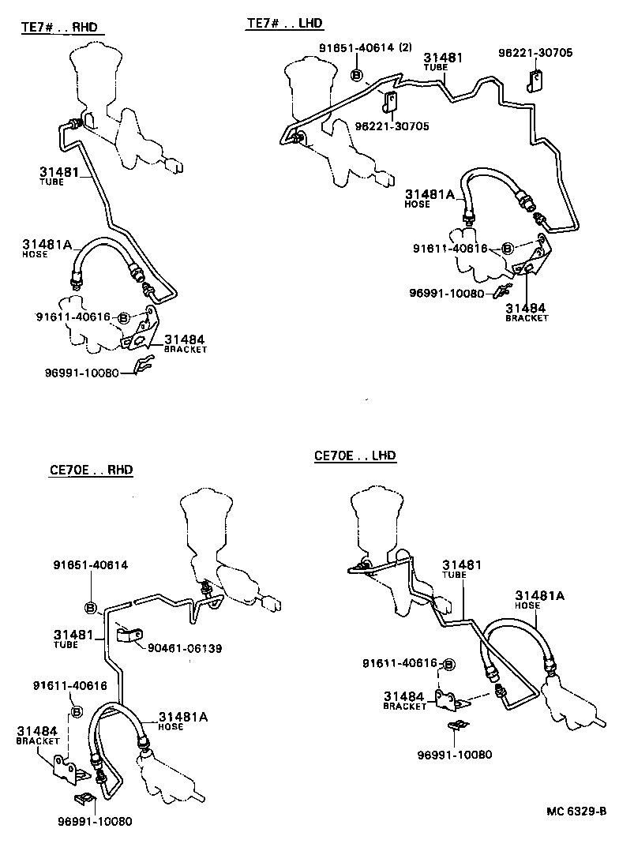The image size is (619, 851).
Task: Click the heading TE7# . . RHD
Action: [59, 27]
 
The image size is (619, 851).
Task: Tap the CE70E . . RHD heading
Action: [92, 470]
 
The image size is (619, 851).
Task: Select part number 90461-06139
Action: [185, 648]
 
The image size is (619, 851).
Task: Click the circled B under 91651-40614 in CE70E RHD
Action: [90, 607]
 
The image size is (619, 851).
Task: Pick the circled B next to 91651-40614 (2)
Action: [355, 76]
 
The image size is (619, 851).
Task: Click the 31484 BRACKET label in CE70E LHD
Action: [404, 699]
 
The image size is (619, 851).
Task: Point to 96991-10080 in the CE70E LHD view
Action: [454, 754]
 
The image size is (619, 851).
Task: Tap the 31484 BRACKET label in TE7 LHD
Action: [527, 312]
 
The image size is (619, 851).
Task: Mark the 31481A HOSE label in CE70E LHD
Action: [539, 599]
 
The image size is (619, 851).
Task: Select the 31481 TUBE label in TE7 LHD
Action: [443, 62]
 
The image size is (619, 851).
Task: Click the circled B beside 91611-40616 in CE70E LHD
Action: [449, 664]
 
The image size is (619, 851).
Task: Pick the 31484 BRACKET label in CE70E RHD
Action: [38, 736]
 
